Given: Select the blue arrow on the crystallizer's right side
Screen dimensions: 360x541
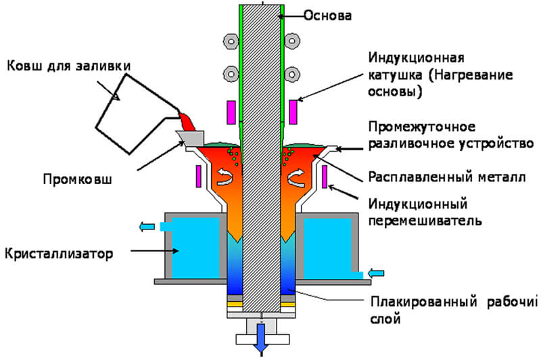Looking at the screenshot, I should pos(376,273).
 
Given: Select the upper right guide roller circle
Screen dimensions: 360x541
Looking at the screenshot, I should pos(292,40).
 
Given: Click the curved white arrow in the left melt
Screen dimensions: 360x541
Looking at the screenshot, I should pos(223,178).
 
